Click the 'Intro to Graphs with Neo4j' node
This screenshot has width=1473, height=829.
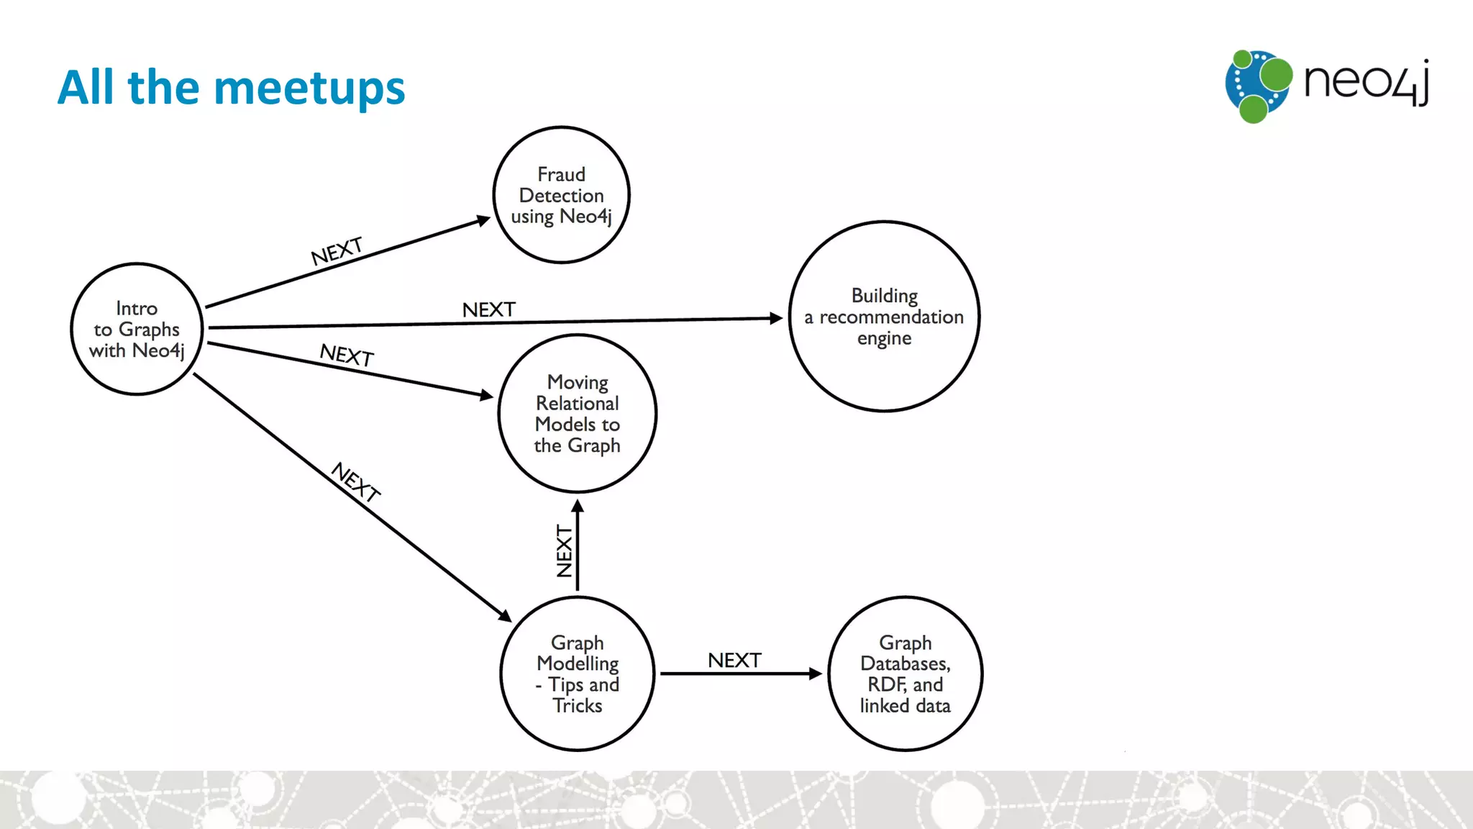click(x=137, y=329)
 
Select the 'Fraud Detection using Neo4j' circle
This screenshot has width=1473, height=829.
click(x=561, y=195)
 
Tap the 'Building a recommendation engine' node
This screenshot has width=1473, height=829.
click(x=884, y=317)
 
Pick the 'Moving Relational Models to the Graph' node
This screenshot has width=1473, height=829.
click(x=577, y=414)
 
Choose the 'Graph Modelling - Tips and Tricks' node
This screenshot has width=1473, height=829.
click(x=578, y=674)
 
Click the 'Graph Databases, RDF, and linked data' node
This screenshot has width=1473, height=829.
click(x=905, y=674)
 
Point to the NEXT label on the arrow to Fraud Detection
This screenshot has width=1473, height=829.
click(x=337, y=251)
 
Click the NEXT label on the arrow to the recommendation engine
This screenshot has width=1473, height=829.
click(x=488, y=309)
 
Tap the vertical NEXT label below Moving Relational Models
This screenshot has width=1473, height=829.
click(x=565, y=551)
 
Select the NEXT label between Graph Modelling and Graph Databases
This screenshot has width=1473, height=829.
click(x=734, y=660)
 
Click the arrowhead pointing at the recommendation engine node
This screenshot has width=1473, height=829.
click(x=776, y=318)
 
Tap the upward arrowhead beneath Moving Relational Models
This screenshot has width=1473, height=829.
click(x=578, y=506)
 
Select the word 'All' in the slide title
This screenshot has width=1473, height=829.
click(x=86, y=87)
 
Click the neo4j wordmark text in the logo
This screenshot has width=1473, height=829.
click(x=1365, y=82)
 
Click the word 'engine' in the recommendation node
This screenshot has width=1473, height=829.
click(x=884, y=338)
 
